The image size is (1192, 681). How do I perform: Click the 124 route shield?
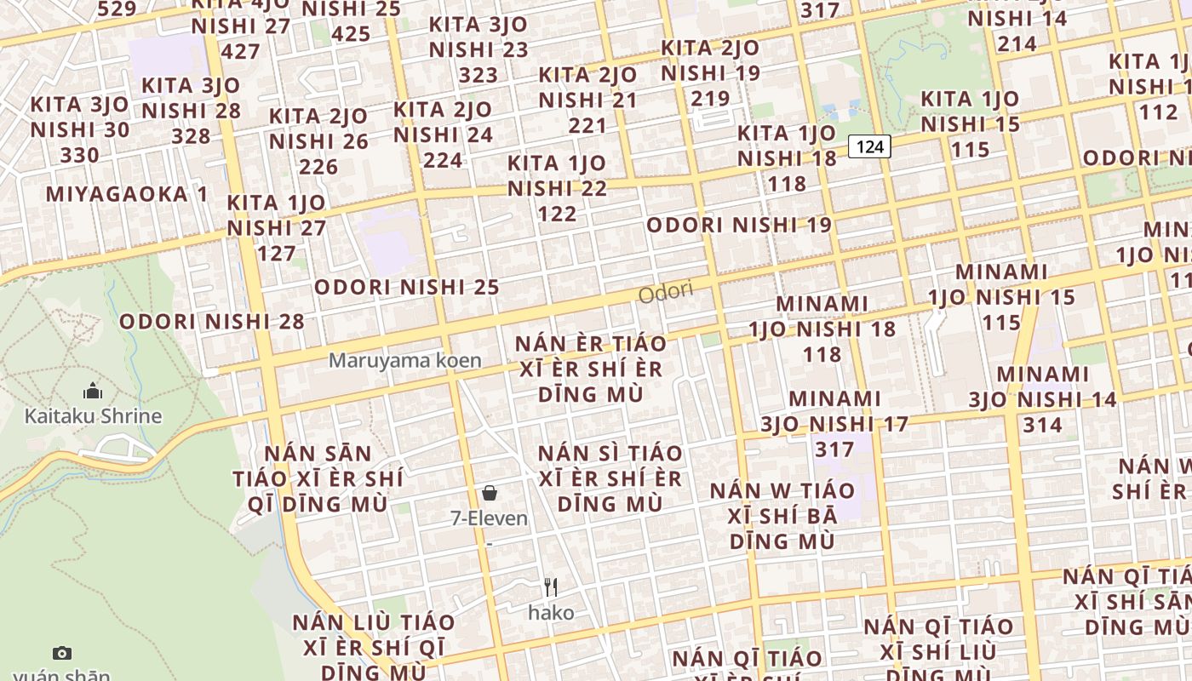point(869,146)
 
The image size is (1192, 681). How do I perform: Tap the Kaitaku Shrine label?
point(93,416)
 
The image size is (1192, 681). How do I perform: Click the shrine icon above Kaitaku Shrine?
point(93,392)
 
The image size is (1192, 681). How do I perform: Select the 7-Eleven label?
point(490,518)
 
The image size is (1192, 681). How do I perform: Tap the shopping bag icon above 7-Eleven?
point(490,492)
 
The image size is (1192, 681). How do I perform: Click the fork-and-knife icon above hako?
point(551,587)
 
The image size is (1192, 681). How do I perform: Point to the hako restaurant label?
point(551,612)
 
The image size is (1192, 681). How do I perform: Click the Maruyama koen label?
point(405,360)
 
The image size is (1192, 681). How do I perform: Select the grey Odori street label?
point(666,292)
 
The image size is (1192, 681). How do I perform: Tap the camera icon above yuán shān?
point(62,653)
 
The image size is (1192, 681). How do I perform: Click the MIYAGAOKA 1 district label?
point(127,194)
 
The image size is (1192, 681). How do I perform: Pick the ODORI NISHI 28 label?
point(212,322)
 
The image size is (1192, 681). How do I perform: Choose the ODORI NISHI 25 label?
point(406,287)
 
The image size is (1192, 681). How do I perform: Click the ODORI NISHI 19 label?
point(739,226)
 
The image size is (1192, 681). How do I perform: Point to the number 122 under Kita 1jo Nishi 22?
point(558,214)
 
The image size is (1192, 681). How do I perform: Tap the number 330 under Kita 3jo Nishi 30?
point(80,155)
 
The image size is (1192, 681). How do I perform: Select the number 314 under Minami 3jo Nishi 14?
point(1043,425)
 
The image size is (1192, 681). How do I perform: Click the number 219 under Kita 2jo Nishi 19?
point(711,99)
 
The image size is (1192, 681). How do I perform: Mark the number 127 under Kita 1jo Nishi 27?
point(277,253)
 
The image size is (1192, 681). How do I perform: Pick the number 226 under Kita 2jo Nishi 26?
point(318,166)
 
